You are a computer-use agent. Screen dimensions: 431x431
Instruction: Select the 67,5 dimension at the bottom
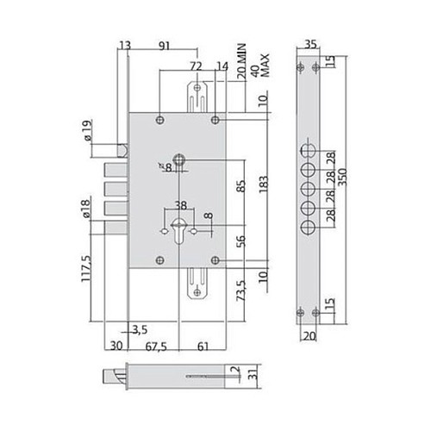pos(154,347)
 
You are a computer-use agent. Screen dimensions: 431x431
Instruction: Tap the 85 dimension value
pos(239,184)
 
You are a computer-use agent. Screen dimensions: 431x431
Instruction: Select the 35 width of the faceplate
pos(312,46)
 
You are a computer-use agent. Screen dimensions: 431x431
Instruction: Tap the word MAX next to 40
pos(266,62)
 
